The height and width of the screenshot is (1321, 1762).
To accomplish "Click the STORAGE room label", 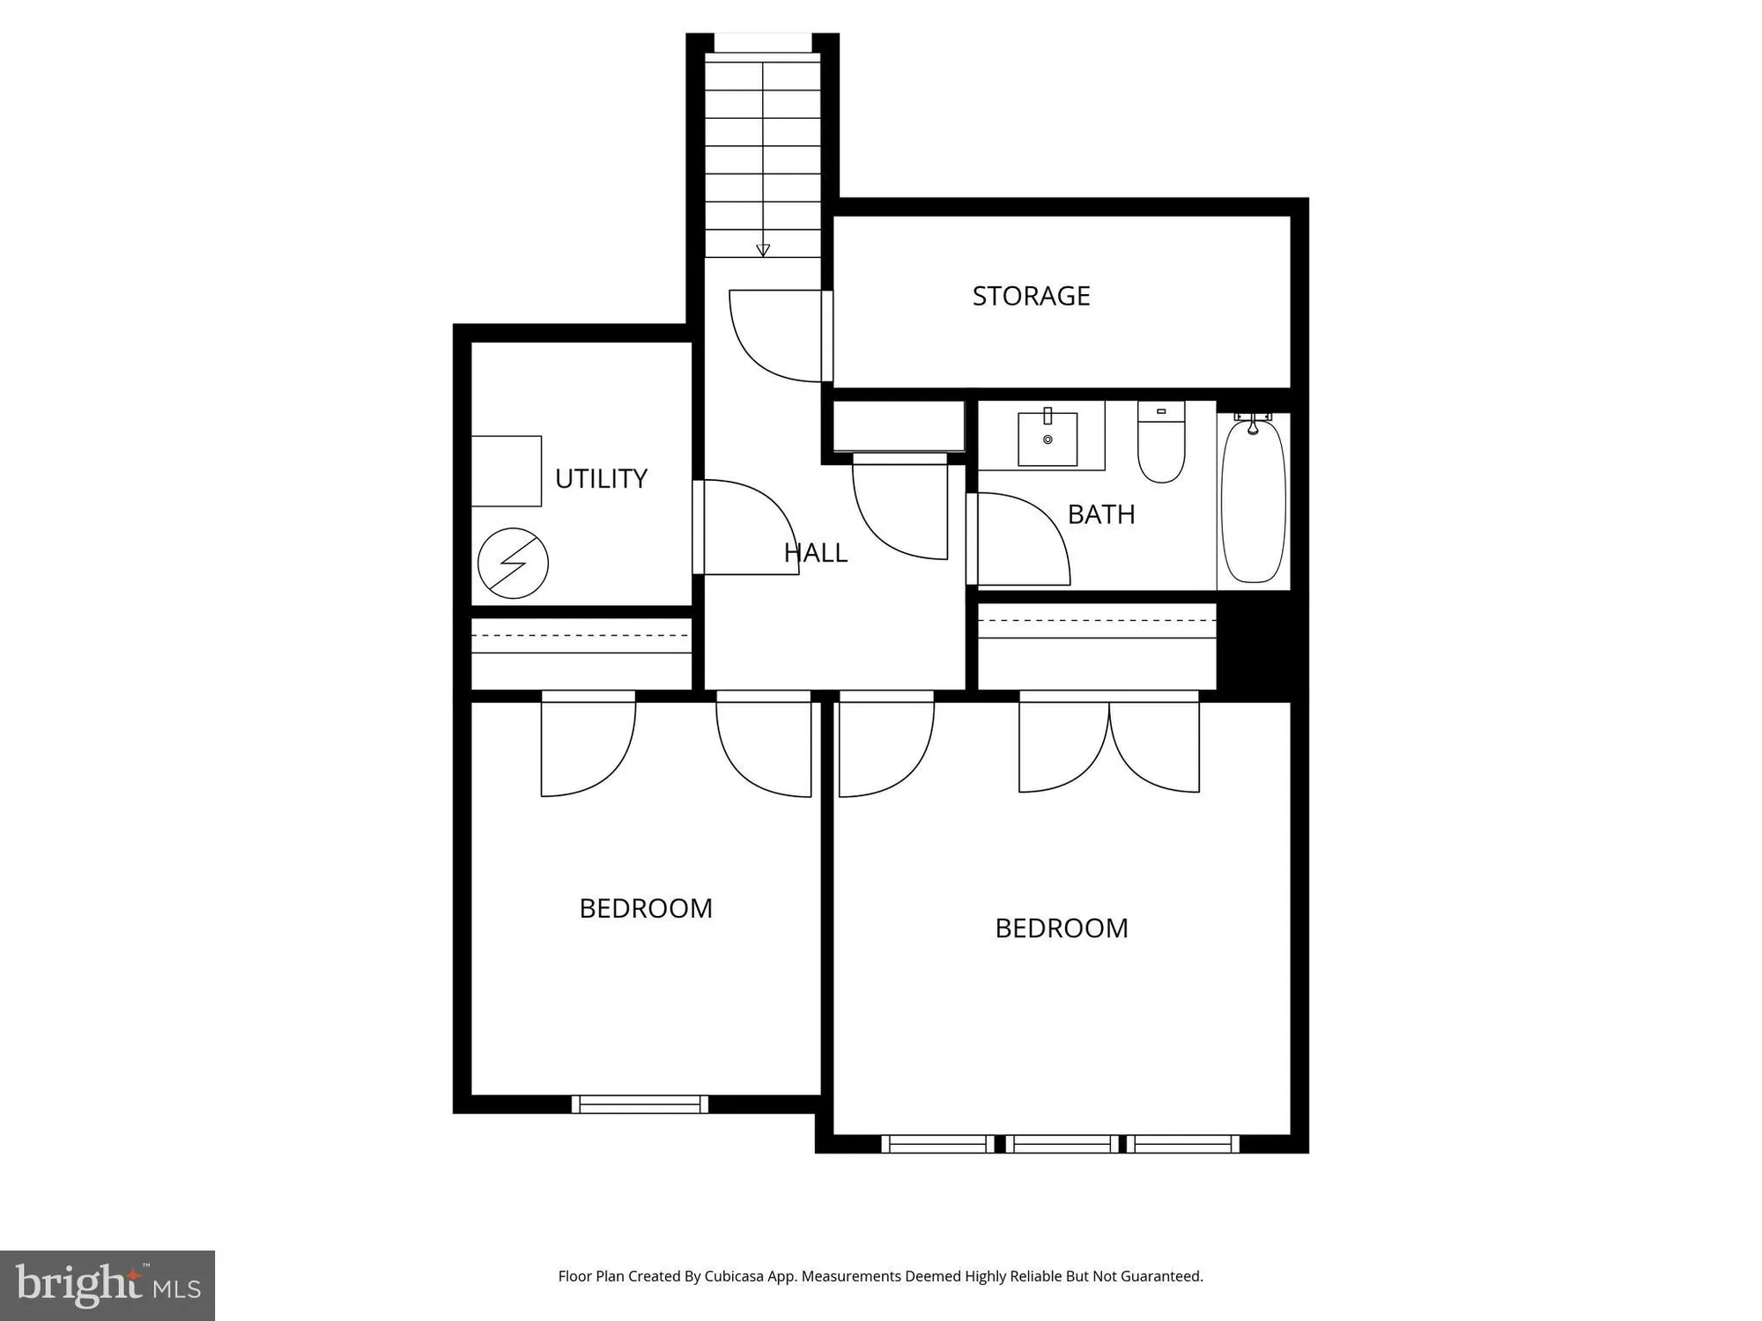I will tap(1031, 296).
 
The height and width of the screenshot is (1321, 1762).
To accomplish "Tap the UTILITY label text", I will tap(601, 479).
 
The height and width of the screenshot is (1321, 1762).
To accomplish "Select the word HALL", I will tap(816, 553).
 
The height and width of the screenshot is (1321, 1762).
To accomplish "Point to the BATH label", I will tap(1101, 514).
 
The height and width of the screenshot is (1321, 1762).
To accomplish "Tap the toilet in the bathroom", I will tap(1161, 445).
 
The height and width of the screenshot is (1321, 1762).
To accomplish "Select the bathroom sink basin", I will tap(1048, 439).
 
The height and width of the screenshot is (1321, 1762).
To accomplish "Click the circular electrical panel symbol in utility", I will tap(513, 564).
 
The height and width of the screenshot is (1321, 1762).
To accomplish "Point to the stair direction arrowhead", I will tap(763, 250).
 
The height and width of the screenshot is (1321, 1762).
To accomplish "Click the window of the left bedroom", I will tap(640, 1104).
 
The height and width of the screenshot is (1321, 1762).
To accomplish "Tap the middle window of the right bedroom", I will tap(1064, 1144).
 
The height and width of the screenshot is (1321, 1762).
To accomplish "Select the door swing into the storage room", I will tap(775, 339).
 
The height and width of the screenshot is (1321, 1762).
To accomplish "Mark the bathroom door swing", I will tap(1022, 539).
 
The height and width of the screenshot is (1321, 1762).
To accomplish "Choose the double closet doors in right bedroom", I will tap(1109, 744).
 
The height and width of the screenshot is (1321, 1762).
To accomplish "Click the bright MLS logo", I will tap(107, 1285).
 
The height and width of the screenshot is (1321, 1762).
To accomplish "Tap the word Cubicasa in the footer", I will tap(733, 1276).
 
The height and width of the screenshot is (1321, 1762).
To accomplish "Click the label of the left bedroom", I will tap(646, 909).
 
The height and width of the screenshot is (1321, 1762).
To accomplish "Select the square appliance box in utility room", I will tap(507, 471).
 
